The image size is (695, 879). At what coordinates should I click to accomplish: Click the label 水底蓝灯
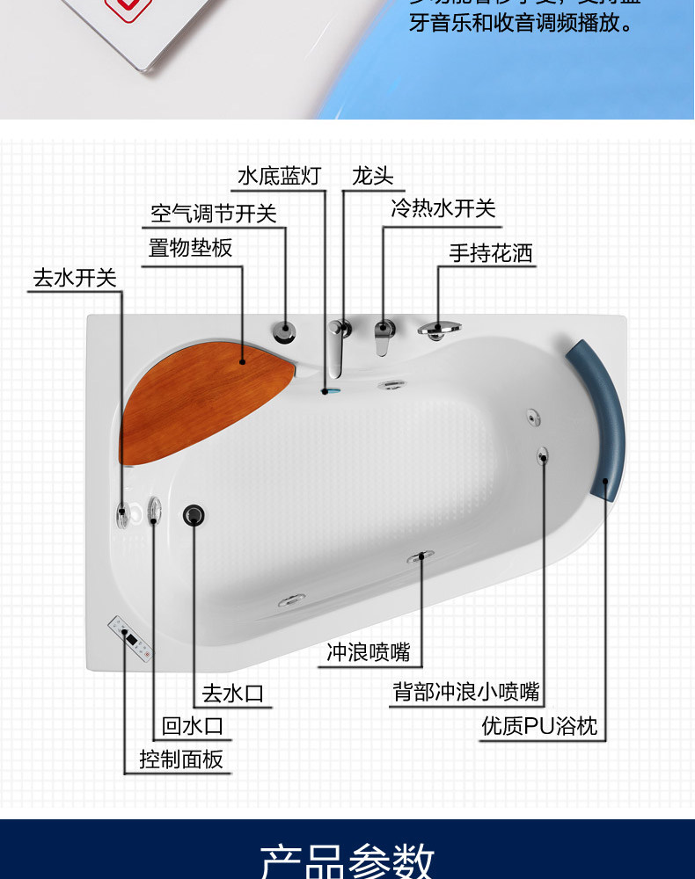[x=280, y=176]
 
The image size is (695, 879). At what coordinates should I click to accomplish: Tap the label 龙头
[x=372, y=176]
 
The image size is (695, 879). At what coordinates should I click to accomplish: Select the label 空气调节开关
[x=214, y=214]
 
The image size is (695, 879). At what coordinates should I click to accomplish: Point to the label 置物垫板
[x=190, y=249]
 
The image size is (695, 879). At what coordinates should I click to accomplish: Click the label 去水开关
[x=75, y=278]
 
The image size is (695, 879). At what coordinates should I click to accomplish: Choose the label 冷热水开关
[x=443, y=209]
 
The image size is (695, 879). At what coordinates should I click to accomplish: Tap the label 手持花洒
[x=491, y=254]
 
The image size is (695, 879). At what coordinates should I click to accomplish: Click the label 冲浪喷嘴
[x=369, y=652]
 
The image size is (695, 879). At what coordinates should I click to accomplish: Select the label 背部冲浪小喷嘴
[x=466, y=692]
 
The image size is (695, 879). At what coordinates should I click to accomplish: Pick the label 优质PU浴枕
[x=539, y=726]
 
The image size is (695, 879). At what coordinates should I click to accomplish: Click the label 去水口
[x=233, y=694]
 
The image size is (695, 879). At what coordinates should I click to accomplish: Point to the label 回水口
[x=193, y=726]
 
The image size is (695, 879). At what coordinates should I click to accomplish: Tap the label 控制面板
[x=181, y=759]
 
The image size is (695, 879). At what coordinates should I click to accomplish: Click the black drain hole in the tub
[x=194, y=515]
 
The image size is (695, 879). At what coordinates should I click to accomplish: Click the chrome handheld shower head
[x=439, y=330]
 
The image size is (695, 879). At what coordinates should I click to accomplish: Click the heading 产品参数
[x=347, y=859]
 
